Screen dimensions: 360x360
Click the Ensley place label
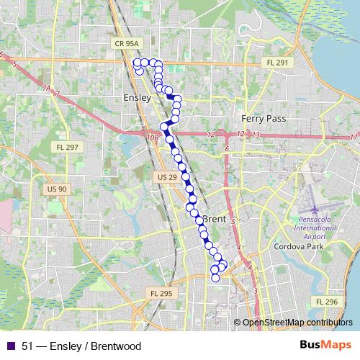[x=137, y=97]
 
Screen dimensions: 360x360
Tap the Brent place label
[x=215, y=219]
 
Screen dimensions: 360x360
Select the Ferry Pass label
[x=264, y=118]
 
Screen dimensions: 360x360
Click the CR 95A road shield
[x=126, y=44]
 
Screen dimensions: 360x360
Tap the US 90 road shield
[x=57, y=189]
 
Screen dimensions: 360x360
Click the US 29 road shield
[x=166, y=176]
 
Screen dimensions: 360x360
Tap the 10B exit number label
[x=150, y=137]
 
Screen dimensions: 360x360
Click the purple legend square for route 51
[x=10, y=346]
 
